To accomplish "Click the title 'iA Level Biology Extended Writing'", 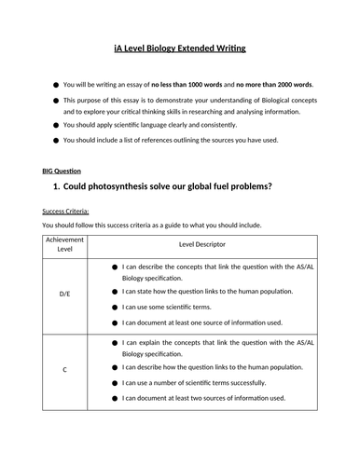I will coord(179,48).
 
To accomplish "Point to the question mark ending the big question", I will coord(270,187).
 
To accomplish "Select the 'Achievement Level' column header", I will coord(64,244).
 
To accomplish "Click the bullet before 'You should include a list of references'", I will coord(57,140).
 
